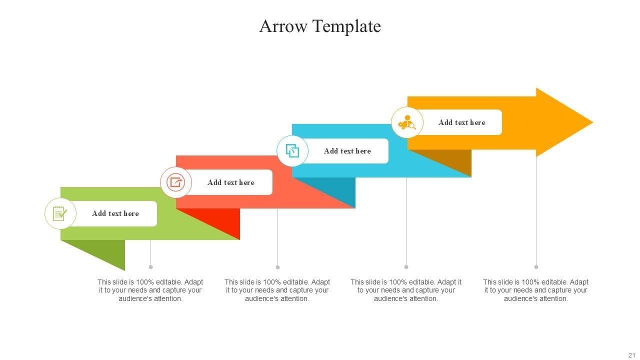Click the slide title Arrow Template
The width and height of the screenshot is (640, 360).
320,26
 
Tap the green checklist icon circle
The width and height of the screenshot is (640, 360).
60,213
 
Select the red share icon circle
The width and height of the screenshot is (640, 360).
175,182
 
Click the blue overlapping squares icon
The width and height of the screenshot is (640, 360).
292,150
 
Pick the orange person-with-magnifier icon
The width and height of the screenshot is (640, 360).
407,122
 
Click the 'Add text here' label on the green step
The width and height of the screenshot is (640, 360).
115,213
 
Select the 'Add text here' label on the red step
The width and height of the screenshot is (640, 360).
231,182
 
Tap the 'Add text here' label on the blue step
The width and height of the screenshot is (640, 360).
347,151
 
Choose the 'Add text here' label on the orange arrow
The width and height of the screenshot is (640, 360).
462,122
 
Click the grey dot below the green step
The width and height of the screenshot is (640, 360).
150,267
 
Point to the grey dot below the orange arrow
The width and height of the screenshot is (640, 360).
536,267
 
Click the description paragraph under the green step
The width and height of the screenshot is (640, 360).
150,290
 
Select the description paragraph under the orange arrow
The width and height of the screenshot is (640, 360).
536,290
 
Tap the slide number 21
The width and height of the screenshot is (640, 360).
631,354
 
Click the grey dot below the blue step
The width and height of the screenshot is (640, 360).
406,267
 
